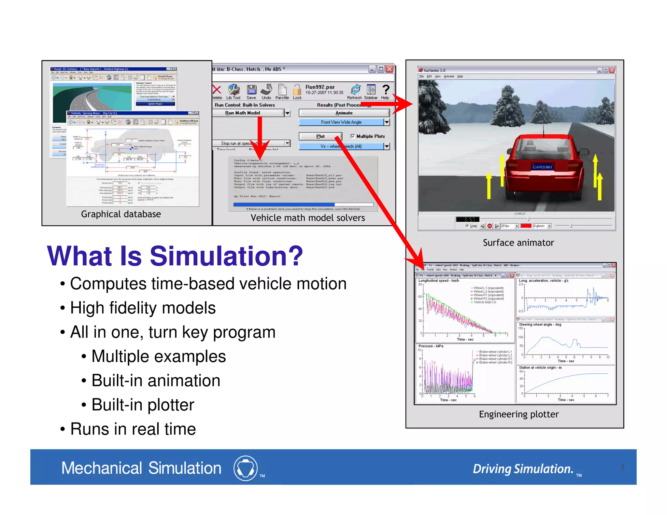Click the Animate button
coord(344,113)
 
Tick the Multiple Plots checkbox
coord(352,136)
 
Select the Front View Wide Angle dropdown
coord(341,122)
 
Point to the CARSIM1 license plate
coord(542,167)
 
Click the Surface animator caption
coord(518,243)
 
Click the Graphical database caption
coord(121,214)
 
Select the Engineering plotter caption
coord(518,414)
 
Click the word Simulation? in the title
coord(226,256)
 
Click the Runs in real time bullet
coord(133,429)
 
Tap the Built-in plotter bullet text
coord(143,405)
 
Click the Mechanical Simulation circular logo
coord(245,468)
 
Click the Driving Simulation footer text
coord(523,469)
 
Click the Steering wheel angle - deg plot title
coord(540,325)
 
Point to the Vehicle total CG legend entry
coord(485,302)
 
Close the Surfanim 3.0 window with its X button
coord(612,70)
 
